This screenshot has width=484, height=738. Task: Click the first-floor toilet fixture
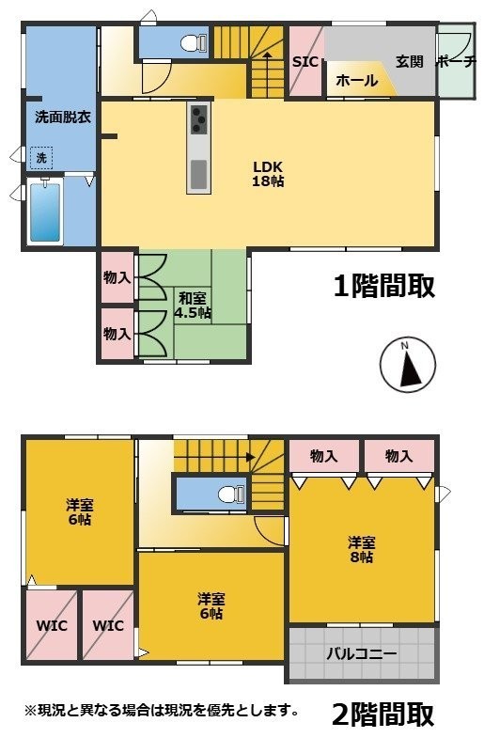click(194, 43)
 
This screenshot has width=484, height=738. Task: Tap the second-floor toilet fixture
click(231, 495)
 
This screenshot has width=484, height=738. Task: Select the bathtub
click(45, 212)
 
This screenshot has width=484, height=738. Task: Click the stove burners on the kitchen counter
click(198, 119)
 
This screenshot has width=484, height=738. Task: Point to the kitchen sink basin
click(198, 174)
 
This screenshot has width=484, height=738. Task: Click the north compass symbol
click(408, 365)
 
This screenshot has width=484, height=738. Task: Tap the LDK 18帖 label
click(268, 174)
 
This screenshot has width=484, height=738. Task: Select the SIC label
click(305, 62)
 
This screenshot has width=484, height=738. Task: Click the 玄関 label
click(409, 62)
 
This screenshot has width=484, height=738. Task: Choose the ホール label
click(356, 81)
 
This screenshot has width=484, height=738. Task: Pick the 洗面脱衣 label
click(63, 117)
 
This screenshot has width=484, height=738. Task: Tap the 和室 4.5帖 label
click(193, 306)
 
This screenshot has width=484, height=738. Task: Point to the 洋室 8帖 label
click(361, 550)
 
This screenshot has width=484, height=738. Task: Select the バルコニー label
click(362, 653)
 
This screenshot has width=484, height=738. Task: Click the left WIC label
click(52, 625)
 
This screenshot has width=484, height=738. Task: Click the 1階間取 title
click(383, 286)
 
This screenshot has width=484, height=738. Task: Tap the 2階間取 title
click(383, 714)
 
